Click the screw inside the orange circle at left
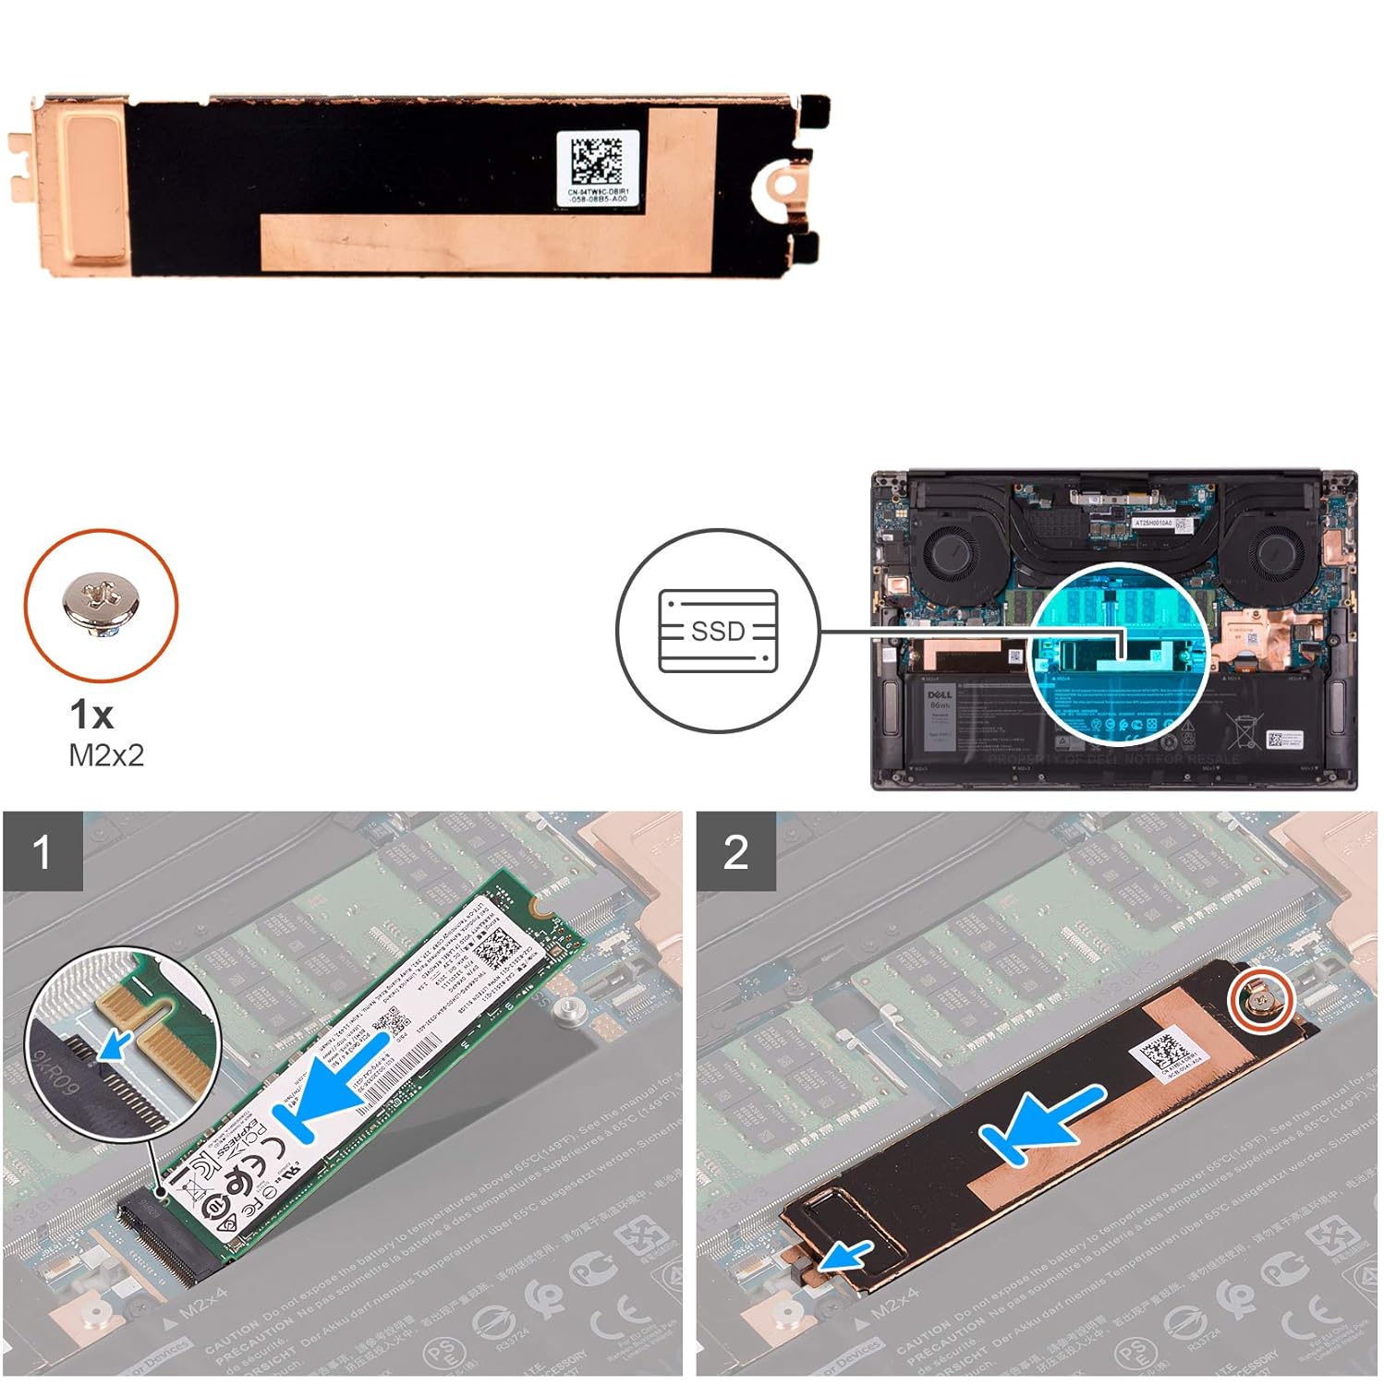click(x=100, y=605)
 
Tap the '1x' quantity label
click(x=91, y=714)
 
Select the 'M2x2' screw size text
click(x=106, y=756)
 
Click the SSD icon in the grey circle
click(x=718, y=631)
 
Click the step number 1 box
click(x=42, y=851)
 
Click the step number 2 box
click(x=735, y=851)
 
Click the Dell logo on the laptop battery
click(x=939, y=694)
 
